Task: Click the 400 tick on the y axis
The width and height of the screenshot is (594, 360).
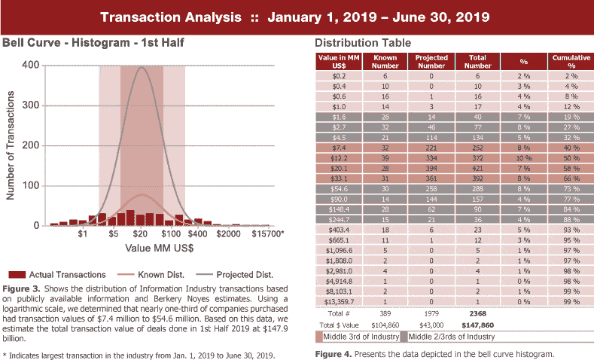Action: [30, 65]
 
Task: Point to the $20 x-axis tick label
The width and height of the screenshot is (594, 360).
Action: [140, 235]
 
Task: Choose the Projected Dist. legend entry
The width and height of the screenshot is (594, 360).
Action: [242, 274]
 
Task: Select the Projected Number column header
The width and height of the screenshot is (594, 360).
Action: [431, 61]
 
